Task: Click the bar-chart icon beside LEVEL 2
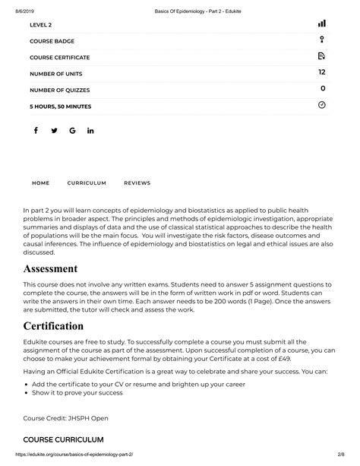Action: [322, 24]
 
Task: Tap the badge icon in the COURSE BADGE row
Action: [322, 40]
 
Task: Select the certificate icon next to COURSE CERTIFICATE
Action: [322, 57]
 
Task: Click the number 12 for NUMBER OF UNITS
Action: [322, 73]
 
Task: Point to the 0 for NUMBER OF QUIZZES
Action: [323, 89]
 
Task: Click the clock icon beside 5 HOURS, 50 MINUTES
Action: [322, 105]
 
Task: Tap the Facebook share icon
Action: [36, 131]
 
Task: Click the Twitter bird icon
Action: [54, 131]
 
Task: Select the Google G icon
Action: [72, 131]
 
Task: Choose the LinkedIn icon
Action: [90, 131]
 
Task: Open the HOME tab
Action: [40, 183]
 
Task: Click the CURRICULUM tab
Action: [87, 183]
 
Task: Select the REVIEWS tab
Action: [137, 183]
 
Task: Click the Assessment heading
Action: [50, 269]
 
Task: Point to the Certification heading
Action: [53, 326]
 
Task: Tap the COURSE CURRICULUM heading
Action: [63, 440]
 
